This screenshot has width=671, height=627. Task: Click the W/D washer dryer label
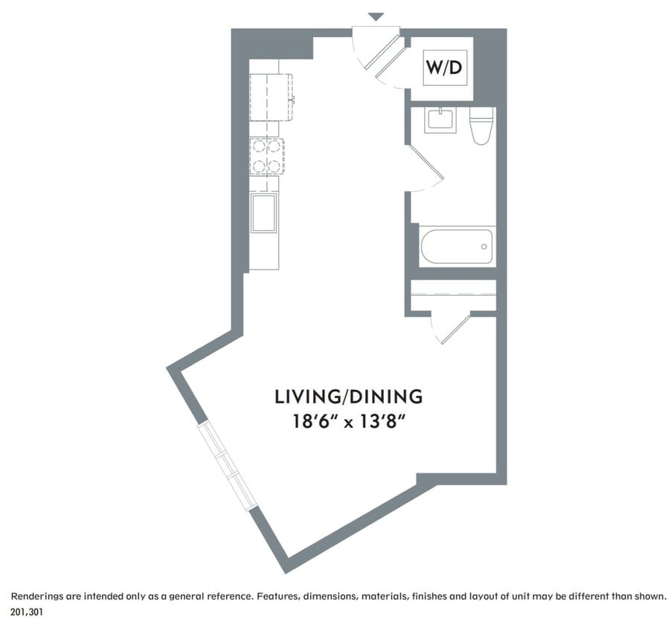click(445, 68)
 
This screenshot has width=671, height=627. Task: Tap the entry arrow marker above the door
click(376, 16)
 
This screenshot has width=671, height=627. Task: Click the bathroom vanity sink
click(440, 120)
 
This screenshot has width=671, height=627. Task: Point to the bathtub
click(457, 247)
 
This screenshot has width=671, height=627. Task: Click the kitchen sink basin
click(264, 212)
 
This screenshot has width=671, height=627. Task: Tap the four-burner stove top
click(266, 156)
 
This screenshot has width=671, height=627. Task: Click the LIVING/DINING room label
click(349, 396)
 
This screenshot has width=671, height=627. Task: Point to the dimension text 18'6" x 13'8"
click(349, 423)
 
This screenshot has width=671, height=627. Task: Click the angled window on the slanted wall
click(228, 467)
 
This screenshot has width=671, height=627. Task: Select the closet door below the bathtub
click(452, 327)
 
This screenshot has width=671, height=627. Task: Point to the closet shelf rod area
click(453, 295)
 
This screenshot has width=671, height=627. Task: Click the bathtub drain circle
click(484, 246)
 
